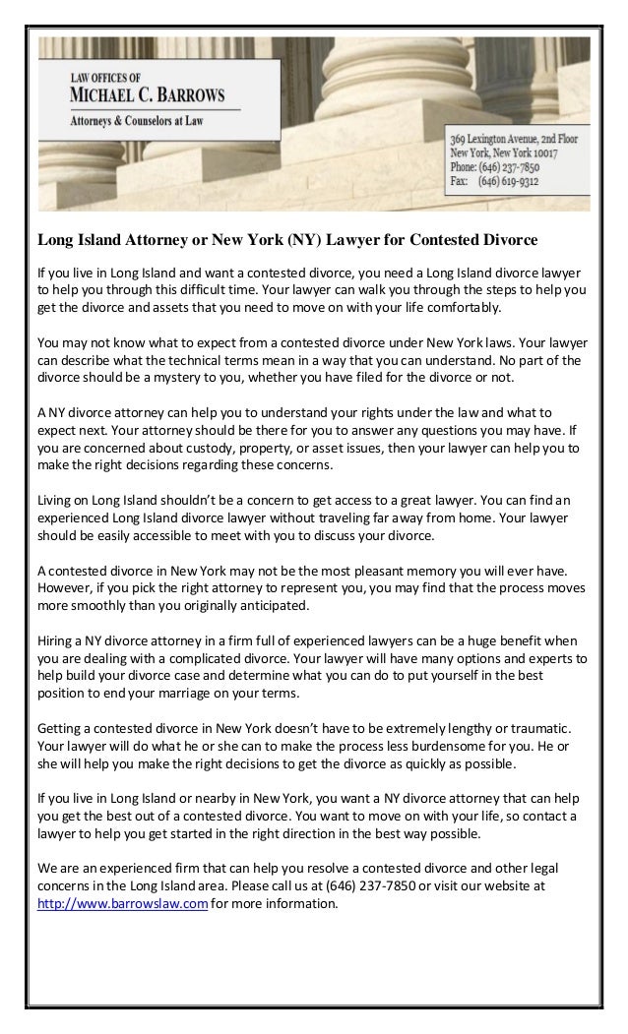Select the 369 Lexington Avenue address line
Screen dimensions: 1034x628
(x=514, y=140)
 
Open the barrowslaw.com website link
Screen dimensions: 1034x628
(x=122, y=903)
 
